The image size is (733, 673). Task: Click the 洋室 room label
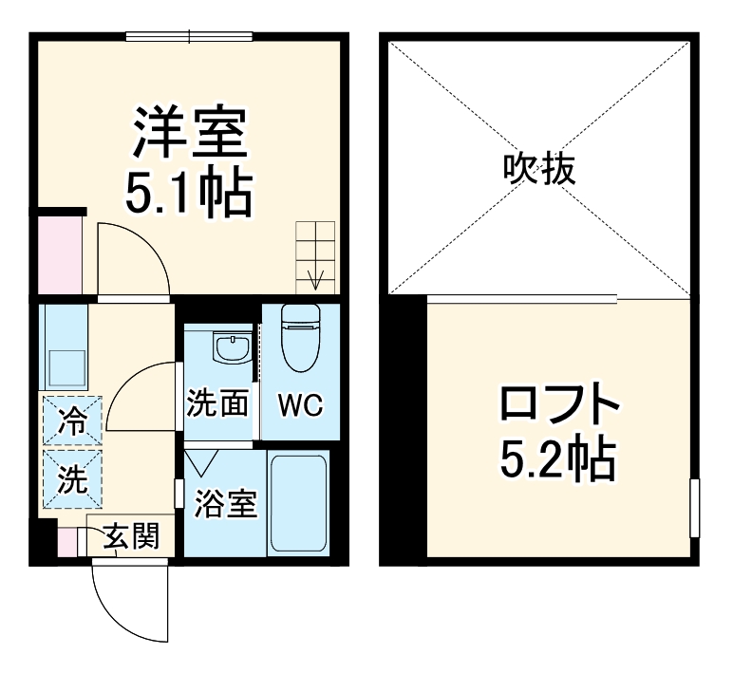pyautogui.click(x=191, y=135)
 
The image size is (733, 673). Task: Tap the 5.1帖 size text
pyautogui.click(x=191, y=193)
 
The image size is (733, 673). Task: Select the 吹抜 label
pyautogui.click(x=539, y=170)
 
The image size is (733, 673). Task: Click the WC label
pyautogui.click(x=300, y=405)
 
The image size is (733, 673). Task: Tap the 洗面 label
pyautogui.click(x=217, y=403)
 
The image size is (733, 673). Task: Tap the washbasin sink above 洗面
pyautogui.click(x=231, y=348)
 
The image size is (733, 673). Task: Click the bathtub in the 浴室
pyautogui.click(x=299, y=503)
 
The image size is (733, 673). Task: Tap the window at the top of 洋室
pyautogui.click(x=189, y=37)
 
